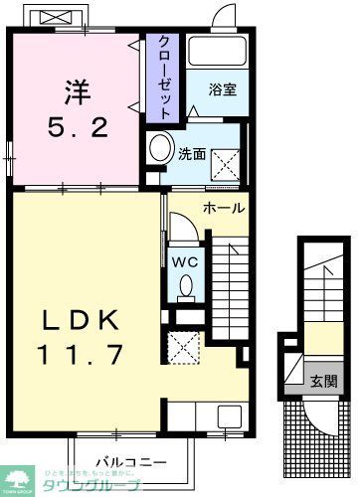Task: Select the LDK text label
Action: (x=81, y=320)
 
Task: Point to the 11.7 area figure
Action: (x=81, y=355)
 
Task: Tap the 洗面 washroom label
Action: (x=192, y=154)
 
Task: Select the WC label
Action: (x=186, y=260)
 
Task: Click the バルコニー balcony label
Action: (x=123, y=460)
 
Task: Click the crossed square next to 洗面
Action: (x=225, y=159)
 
